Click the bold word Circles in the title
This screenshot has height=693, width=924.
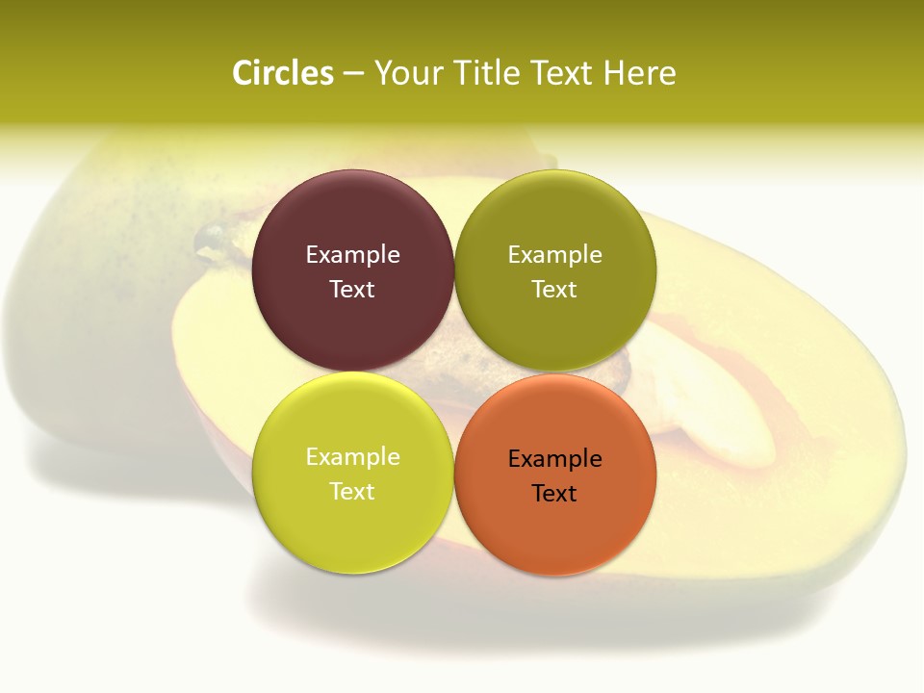pyautogui.click(x=283, y=73)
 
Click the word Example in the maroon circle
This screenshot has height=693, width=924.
pyautogui.click(x=352, y=255)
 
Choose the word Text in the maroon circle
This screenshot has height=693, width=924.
pyautogui.click(x=352, y=290)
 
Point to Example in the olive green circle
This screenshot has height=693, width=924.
pyautogui.click(x=554, y=255)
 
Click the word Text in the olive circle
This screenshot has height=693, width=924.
pyautogui.click(x=554, y=290)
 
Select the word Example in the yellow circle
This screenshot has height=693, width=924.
pyautogui.click(x=352, y=457)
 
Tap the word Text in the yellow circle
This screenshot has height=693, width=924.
pyautogui.click(x=352, y=492)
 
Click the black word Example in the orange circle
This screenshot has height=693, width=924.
pyautogui.click(x=554, y=459)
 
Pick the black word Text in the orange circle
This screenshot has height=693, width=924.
pyautogui.click(x=554, y=494)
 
